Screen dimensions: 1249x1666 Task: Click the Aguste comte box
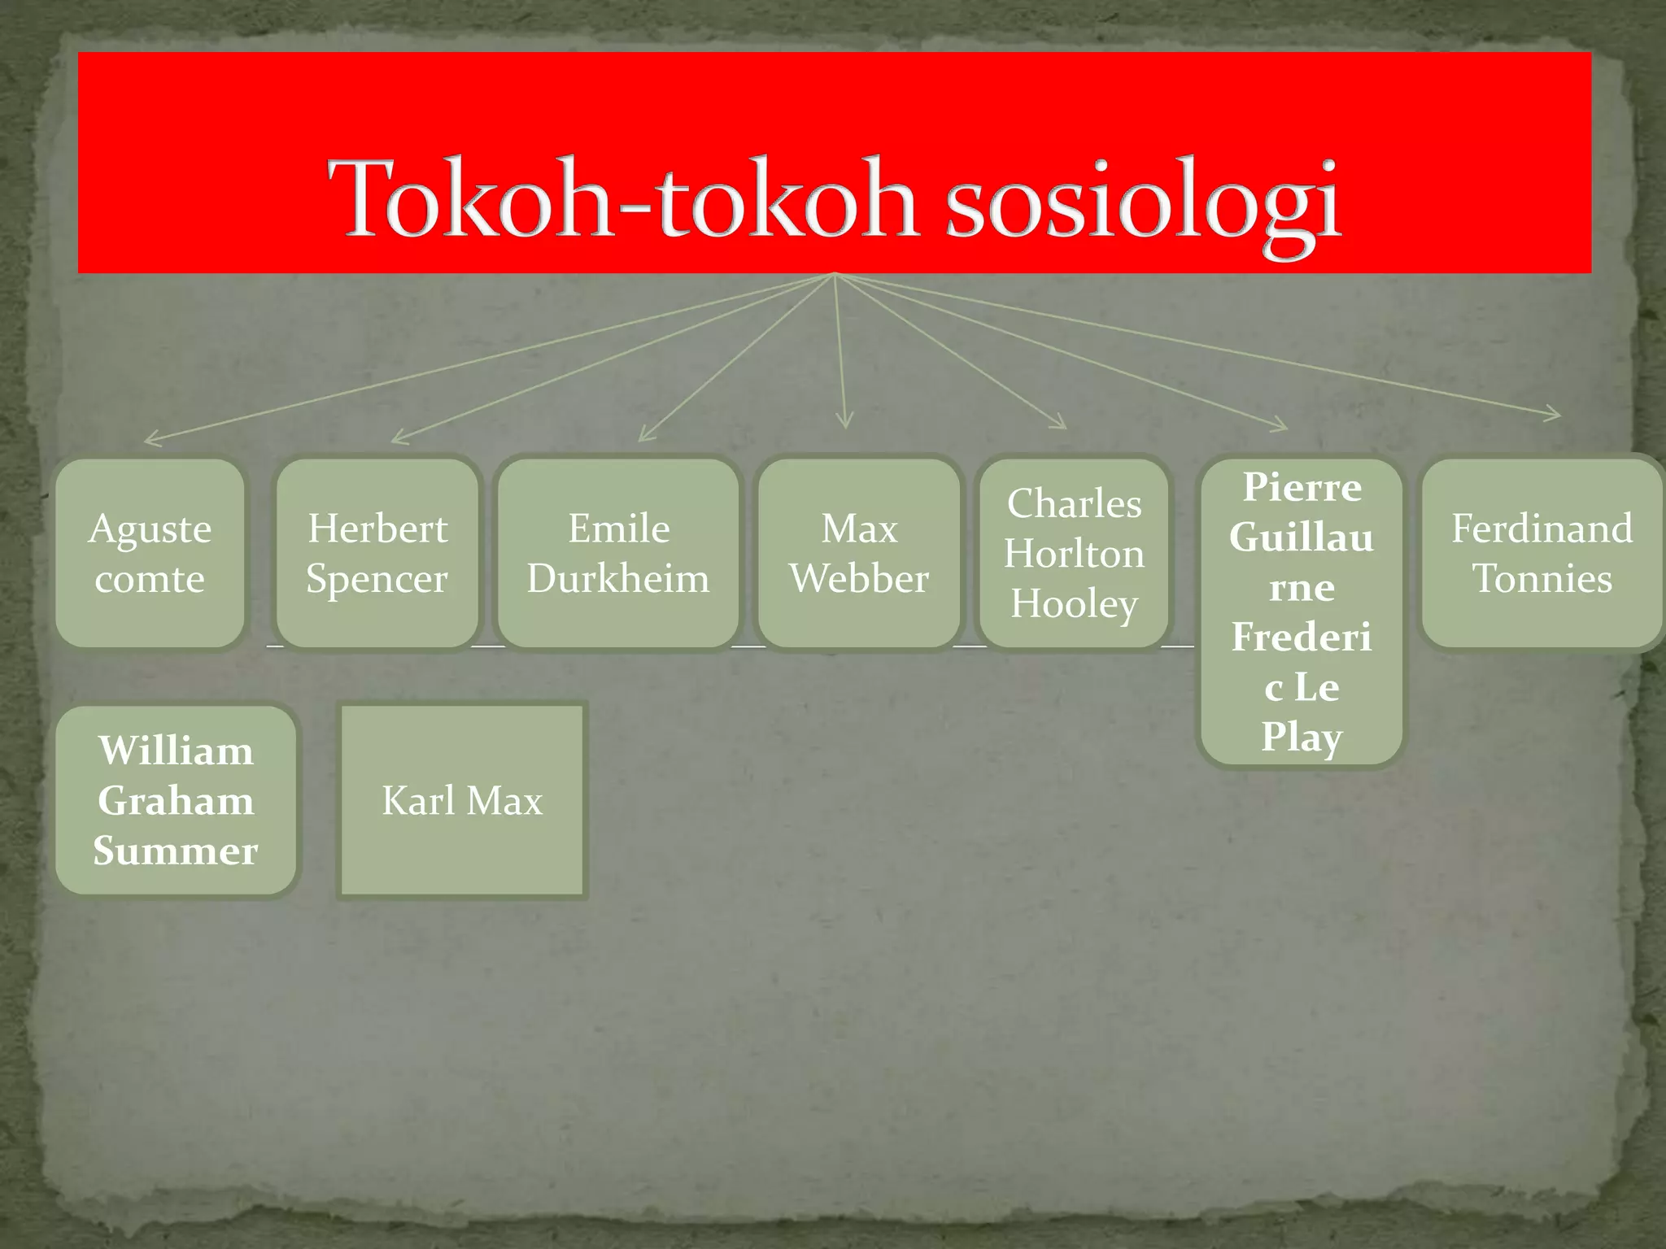150,553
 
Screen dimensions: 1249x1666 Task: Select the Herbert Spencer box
377,553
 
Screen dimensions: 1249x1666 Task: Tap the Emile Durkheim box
618,553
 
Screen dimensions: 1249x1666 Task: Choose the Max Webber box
859,553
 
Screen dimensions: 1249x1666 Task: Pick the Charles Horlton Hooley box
1074,553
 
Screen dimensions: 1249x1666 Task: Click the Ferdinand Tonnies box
1542,553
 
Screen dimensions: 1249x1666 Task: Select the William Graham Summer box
176,800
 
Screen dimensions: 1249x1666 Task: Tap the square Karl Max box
462,800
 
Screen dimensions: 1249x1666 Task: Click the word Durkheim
618,579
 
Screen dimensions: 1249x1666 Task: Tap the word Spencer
377,579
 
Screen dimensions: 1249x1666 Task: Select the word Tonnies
1542,579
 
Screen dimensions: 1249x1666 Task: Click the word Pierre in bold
1302,488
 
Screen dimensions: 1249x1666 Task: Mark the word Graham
176,801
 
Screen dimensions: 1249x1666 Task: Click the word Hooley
1074,604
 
